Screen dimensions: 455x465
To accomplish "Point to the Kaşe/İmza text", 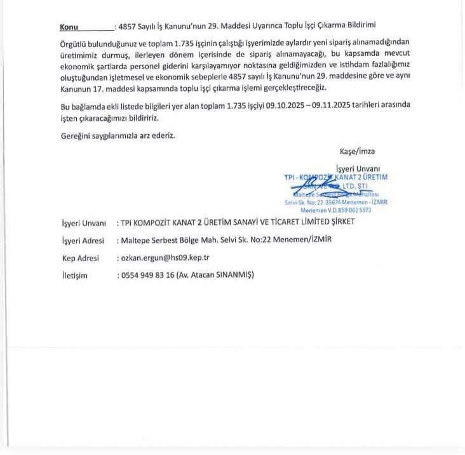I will point(357,151).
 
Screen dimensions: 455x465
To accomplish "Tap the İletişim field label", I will point(74,275).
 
